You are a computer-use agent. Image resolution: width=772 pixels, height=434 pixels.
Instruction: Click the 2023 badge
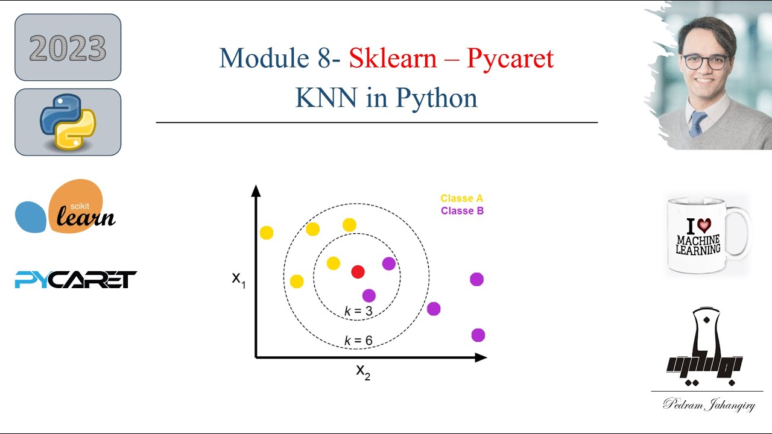click(x=68, y=48)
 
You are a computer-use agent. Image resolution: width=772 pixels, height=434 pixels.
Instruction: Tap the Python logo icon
click(x=68, y=122)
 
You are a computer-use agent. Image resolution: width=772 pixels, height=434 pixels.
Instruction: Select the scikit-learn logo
click(x=65, y=207)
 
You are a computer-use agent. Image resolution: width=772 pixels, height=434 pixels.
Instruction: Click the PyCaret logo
click(x=76, y=280)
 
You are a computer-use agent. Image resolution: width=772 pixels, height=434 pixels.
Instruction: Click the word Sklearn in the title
click(x=393, y=58)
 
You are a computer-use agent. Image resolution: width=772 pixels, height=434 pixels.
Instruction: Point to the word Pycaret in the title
click(x=510, y=58)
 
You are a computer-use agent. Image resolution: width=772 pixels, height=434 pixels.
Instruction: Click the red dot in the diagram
click(x=358, y=272)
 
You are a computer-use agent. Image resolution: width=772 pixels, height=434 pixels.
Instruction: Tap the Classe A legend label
click(x=461, y=198)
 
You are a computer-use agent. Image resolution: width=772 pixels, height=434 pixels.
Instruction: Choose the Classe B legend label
click(x=462, y=211)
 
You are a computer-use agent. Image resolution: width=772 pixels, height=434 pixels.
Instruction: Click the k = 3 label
click(x=358, y=311)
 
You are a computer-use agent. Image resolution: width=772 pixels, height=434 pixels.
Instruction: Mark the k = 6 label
click(x=358, y=341)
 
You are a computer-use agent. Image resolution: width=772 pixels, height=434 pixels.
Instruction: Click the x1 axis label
click(x=239, y=279)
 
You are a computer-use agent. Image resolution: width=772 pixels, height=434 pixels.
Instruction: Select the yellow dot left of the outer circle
click(x=266, y=232)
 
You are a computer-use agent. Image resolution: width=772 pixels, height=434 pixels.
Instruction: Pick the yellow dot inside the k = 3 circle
click(x=333, y=263)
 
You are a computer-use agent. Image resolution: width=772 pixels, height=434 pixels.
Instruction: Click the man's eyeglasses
click(x=704, y=61)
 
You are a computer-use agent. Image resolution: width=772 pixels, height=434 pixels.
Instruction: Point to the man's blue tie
click(x=697, y=124)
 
